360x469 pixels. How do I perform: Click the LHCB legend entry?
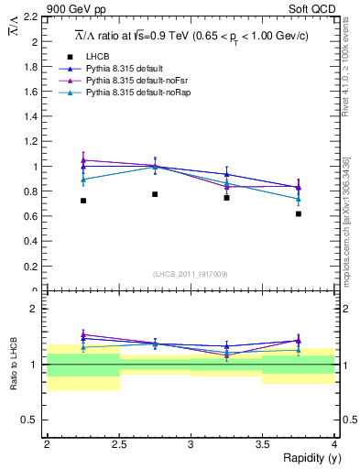pyautogui.click(x=97, y=57)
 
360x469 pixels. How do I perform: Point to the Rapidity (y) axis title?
pyautogui.click(x=305, y=458)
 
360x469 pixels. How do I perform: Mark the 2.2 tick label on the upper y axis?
pyautogui.click(x=32, y=17)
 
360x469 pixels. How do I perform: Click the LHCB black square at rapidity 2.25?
pyautogui.click(x=83, y=201)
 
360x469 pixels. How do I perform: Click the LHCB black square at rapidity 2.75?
pyautogui.click(x=155, y=194)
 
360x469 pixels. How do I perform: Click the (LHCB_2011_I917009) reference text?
pyautogui.click(x=191, y=273)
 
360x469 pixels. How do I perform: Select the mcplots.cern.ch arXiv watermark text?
pyautogui.click(x=345, y=220)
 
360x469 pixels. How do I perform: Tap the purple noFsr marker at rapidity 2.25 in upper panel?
pyautogui.click(x=83, y=160)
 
